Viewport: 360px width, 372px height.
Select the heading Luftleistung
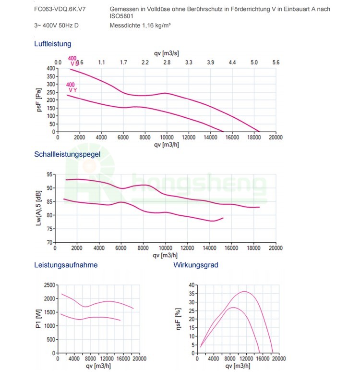53,44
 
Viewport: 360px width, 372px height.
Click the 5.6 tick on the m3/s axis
276,62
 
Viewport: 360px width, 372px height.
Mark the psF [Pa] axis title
39,99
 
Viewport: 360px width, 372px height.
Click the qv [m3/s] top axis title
166,53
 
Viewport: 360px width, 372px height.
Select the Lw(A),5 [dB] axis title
39,208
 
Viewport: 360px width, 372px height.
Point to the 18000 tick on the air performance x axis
254,137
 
